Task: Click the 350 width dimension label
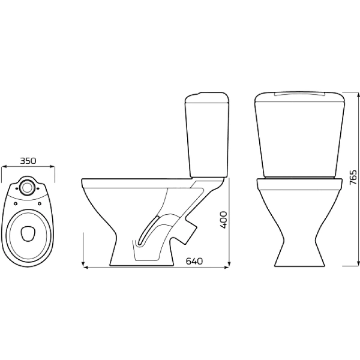(x=28, y=161)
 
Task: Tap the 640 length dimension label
(x=194, y=261)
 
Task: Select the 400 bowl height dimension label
(x=223, y=220)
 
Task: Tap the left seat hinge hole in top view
(x=16, y=203)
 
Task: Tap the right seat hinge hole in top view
(x=39, y=203)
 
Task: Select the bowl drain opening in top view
(x=28, y=233)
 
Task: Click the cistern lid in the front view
(x=299, y=97)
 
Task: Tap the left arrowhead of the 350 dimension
(x=3, y=167)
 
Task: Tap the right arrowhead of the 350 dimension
(x=53, y=167)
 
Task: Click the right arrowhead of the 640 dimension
(x=227, y=267)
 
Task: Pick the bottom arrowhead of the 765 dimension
(x=358, y=263)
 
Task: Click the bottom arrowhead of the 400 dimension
(x=229, y=263)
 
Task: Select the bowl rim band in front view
(x=299, y=184)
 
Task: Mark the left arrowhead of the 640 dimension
(x=85, y=267)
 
